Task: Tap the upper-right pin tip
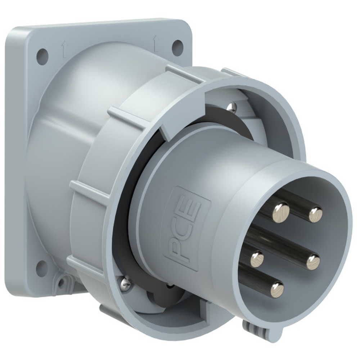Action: point(315,215)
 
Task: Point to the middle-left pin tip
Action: point(257,260)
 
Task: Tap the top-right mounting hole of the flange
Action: point(177,46)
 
